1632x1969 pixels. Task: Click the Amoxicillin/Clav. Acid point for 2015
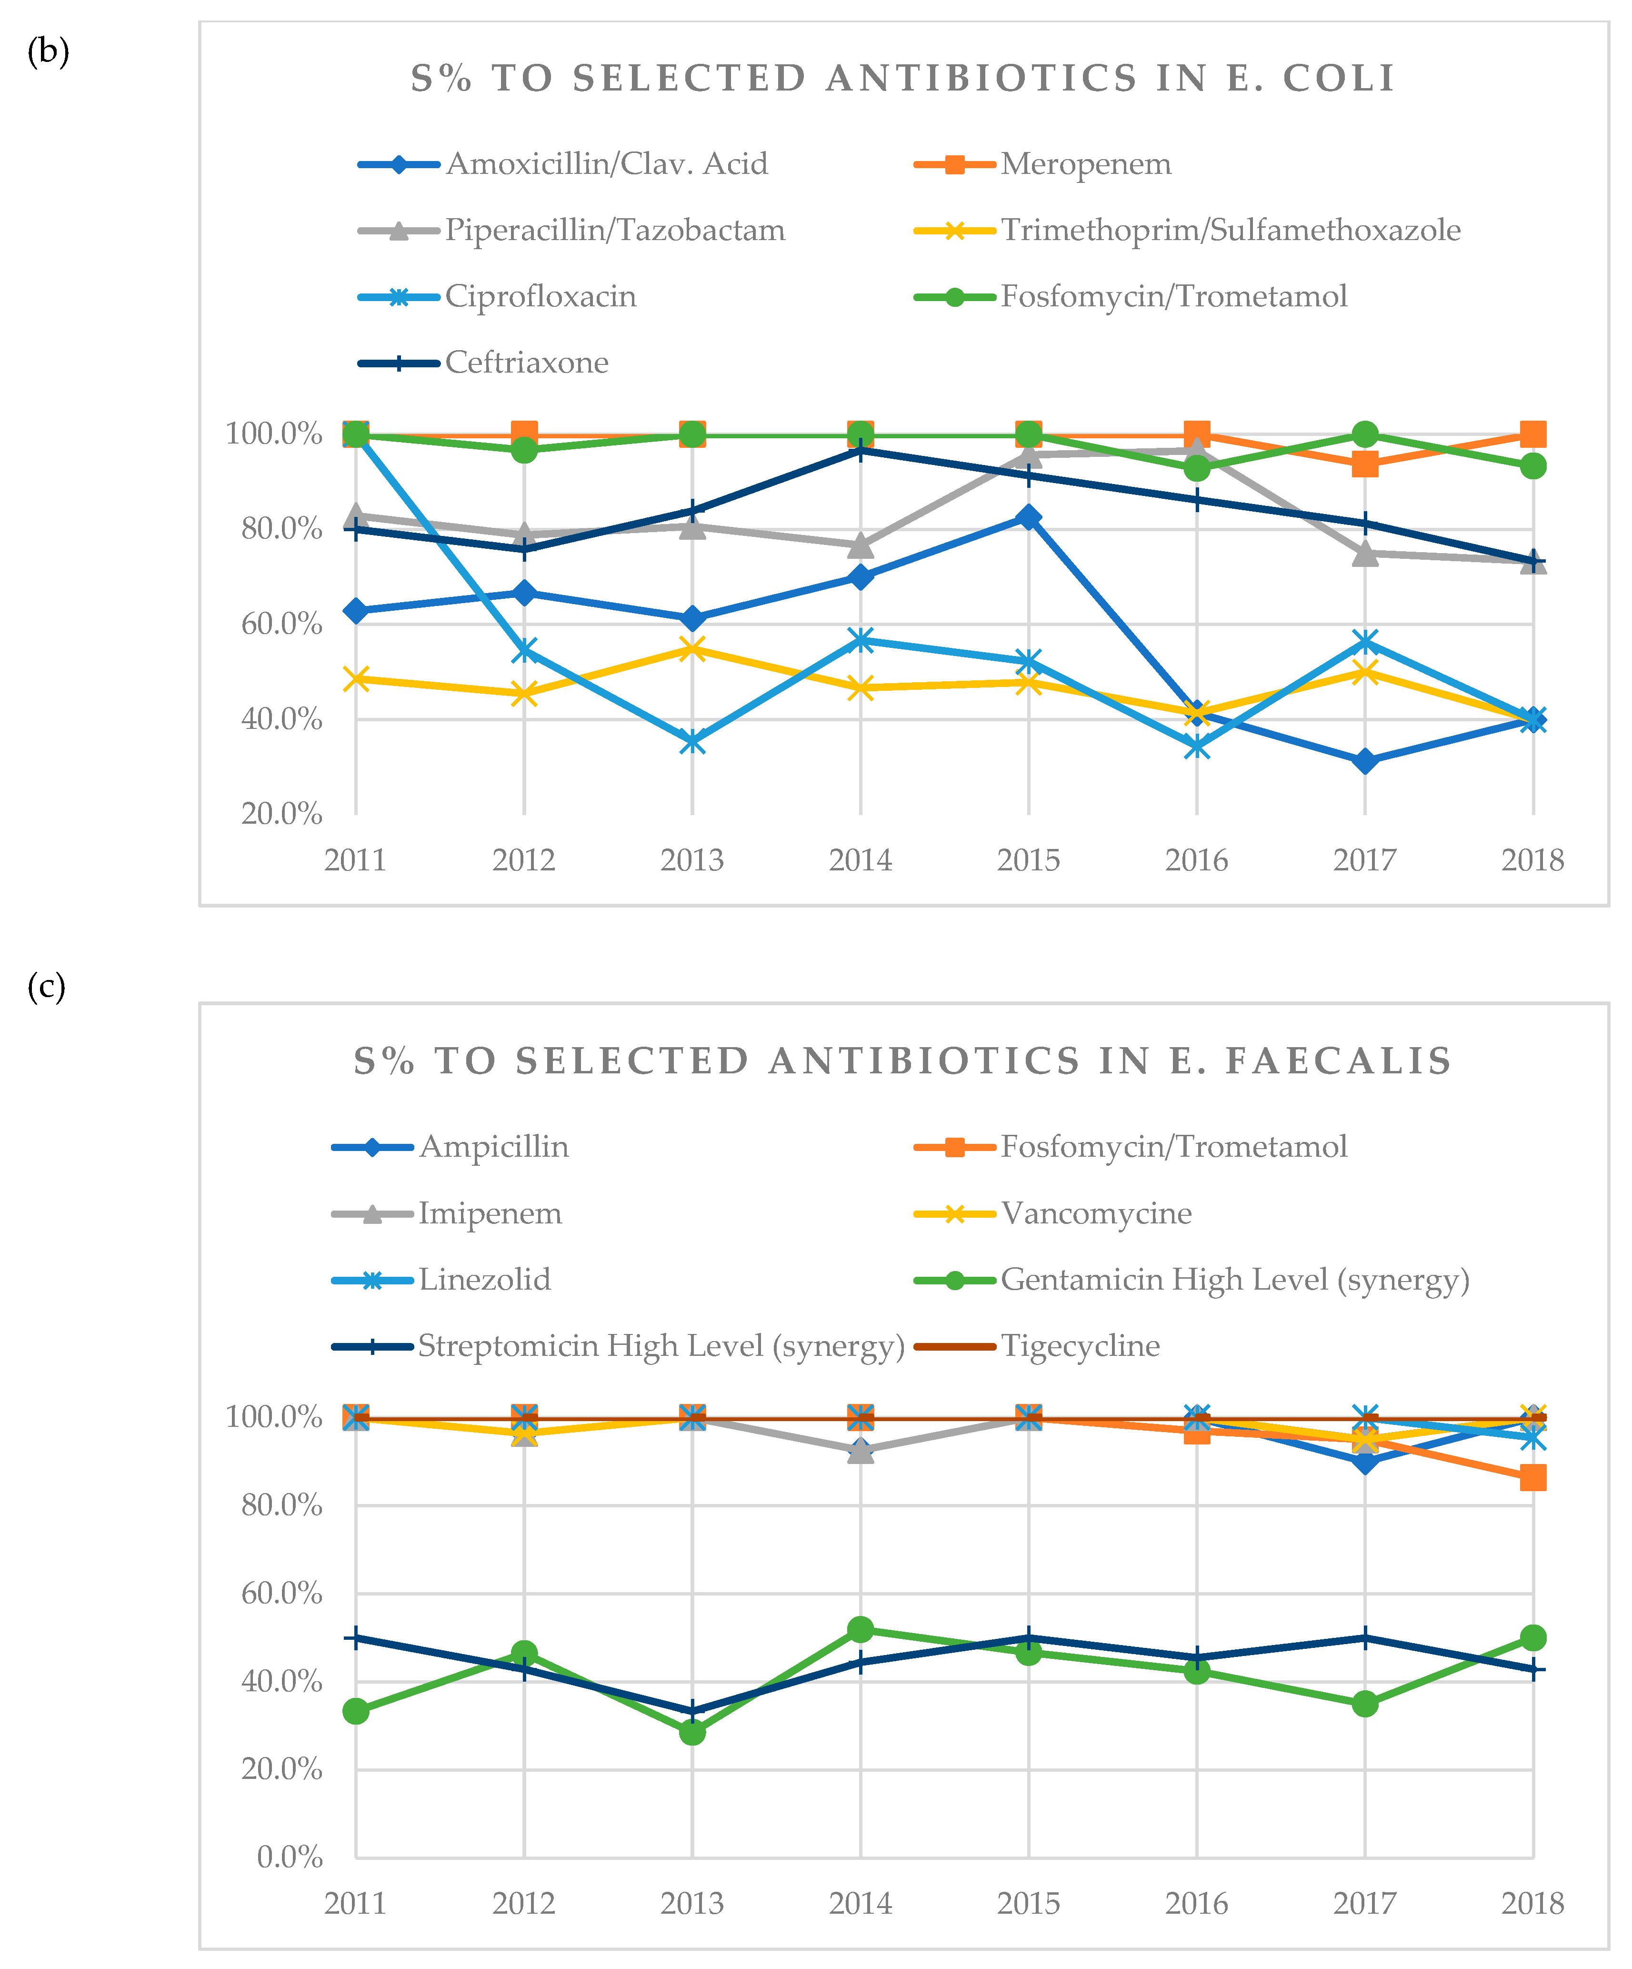click(x=1028, y=517)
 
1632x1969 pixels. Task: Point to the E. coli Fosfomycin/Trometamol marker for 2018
click(x=1532, y=466)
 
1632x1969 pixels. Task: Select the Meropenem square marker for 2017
click(x=1365, y=464)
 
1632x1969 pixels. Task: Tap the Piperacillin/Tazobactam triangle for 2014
click(x=861, y=545)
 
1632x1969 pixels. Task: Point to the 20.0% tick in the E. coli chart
click(x=281, y=814)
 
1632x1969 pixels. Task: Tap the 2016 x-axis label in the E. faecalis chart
click(x=1196, y=1903)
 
